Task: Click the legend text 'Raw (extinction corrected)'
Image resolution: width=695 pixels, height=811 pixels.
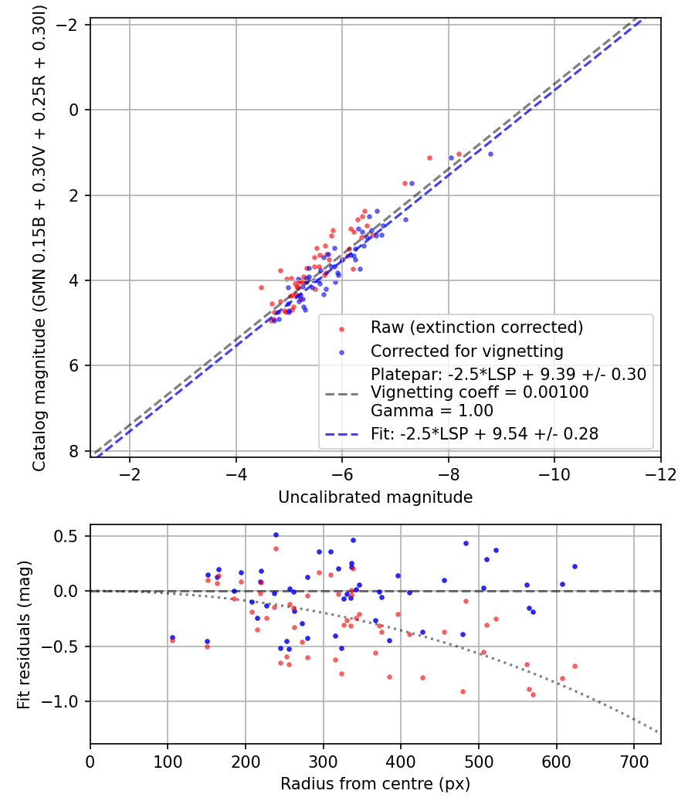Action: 476,327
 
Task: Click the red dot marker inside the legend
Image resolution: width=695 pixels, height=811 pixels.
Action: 341,329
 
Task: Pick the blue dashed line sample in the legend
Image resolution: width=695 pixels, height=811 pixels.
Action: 342,435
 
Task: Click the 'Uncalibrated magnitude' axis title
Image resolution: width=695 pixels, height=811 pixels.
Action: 375,497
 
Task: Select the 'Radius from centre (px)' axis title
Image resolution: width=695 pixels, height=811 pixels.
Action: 375,784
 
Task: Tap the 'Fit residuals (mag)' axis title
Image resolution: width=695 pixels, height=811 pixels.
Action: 24,633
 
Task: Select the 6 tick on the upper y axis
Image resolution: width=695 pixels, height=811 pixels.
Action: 75,366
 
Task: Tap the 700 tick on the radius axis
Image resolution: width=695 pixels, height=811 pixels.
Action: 633,760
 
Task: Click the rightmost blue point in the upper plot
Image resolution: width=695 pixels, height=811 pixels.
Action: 490,154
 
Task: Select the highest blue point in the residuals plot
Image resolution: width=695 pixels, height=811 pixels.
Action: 276,534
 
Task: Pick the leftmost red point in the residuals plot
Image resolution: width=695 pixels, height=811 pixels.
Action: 172,640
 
